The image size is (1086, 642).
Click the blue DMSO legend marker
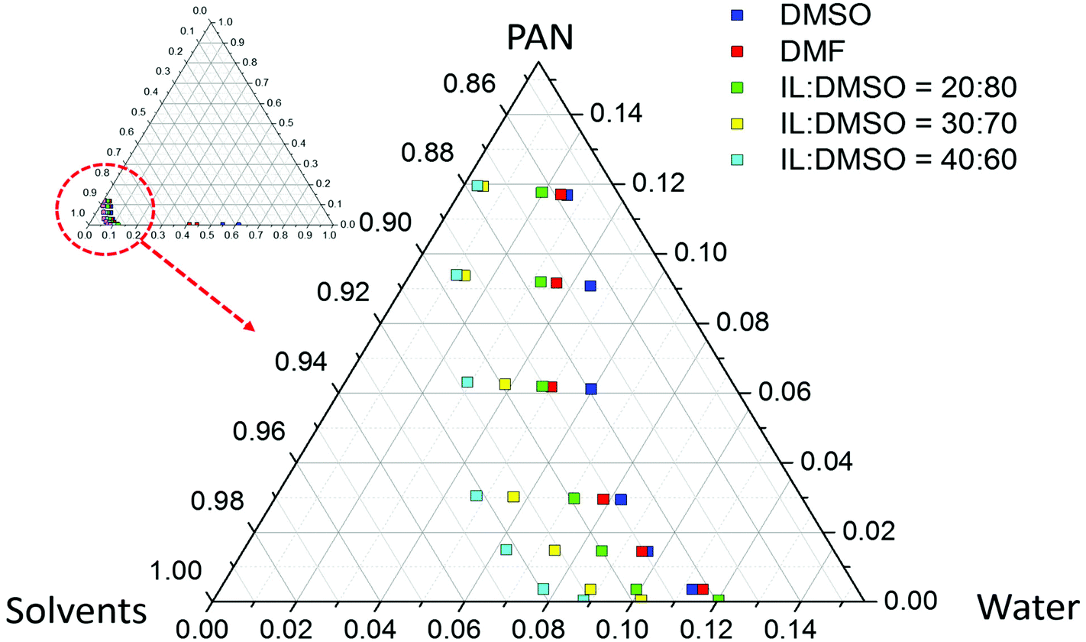pos(736,15)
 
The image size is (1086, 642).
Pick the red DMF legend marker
pos(736,52)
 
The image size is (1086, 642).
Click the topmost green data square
pos(541,192)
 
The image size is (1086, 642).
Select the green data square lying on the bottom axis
pos(718,599)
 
